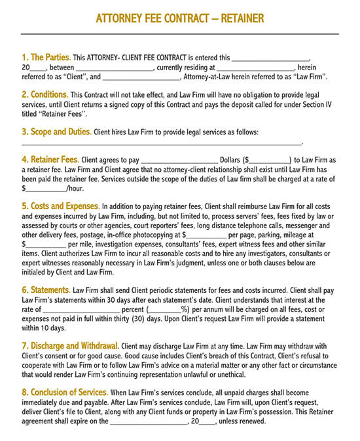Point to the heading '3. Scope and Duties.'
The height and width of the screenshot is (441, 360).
click(56, 132)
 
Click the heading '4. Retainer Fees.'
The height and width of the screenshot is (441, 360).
click(50, 159)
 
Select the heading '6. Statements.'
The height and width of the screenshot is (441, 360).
click(46, 290)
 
